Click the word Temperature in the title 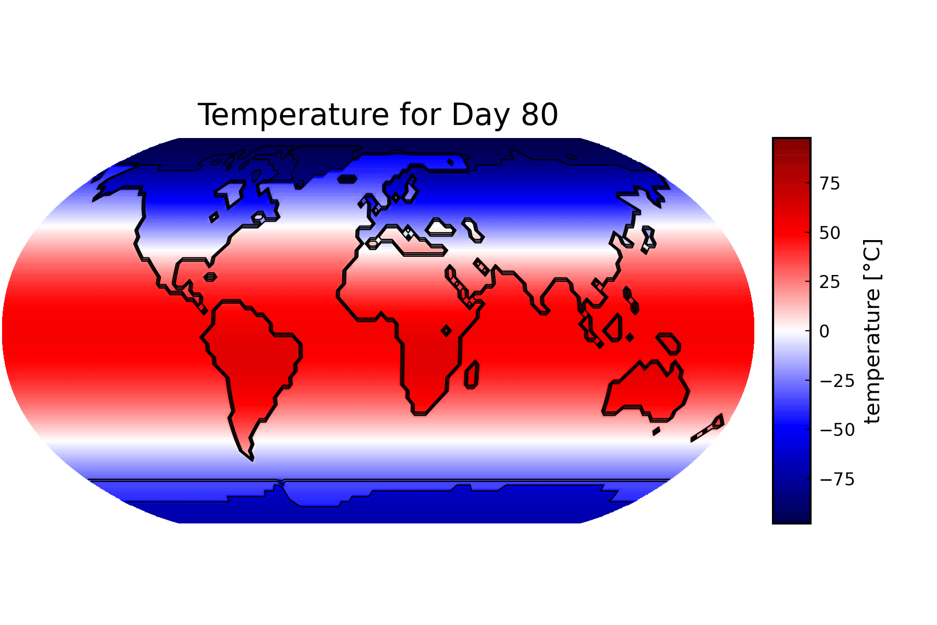(293, 115)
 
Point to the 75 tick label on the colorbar (830, 184)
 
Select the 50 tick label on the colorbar (830, 233)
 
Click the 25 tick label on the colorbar (830, 282)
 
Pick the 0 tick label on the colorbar (825, 331)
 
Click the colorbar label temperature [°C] (872, 331)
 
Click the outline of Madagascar (472, 375)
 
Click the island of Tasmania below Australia (656, 431)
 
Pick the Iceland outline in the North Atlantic (347, 179)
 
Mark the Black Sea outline (440, 228)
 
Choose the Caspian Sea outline (473, 230)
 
